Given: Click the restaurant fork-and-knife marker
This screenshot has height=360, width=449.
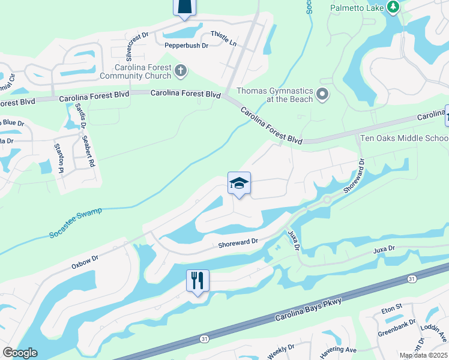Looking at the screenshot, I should click(x=197, y=280).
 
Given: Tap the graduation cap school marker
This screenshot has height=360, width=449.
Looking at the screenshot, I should click(x=239, y=184).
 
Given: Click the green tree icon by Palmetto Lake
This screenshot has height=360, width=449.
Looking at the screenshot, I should click(x=393, y=7).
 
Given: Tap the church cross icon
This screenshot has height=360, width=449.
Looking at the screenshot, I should click(x=179, y=72).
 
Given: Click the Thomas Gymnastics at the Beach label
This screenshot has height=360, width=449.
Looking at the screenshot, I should click(x=275, y=95).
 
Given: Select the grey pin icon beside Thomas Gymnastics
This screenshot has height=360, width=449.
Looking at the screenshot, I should click(x=323, y=94).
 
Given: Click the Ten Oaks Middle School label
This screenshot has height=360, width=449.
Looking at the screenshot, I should click(x=403, y=138).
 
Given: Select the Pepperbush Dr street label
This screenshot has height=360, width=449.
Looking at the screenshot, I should click(x=186, y=45).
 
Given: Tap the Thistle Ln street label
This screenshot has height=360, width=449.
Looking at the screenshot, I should click(x=223, y=38).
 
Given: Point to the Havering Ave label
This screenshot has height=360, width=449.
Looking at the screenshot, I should click(x=339, y=350).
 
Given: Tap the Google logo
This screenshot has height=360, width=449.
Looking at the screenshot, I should click(x=20, y=353).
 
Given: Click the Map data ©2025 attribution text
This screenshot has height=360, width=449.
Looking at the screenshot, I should click(x=423, y=355).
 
